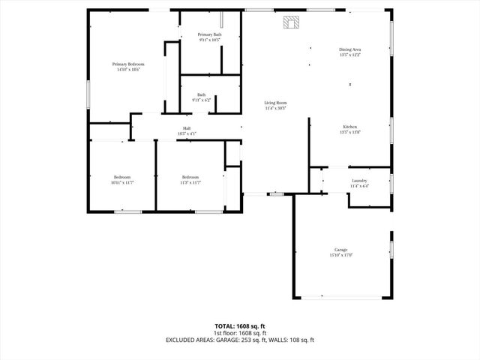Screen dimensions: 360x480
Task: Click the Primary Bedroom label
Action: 128,64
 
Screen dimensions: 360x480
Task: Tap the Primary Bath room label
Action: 209,34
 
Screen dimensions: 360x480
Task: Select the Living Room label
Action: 275,103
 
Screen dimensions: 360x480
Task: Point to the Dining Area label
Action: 350,49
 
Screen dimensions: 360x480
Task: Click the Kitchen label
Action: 350,127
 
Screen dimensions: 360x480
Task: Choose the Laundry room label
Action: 358,181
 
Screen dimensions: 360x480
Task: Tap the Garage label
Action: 341,250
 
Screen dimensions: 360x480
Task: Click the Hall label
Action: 186,129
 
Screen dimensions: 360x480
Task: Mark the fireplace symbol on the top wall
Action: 291,22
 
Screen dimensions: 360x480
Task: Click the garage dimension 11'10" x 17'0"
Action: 341,255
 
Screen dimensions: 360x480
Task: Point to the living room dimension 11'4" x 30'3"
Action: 275,108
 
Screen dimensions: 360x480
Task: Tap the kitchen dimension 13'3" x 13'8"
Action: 350,132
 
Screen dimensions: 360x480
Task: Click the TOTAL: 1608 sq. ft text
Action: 240,326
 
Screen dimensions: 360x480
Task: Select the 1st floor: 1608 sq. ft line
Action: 240,333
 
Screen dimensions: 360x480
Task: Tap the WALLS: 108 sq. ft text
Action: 292,340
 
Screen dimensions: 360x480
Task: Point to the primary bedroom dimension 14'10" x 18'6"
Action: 128,70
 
